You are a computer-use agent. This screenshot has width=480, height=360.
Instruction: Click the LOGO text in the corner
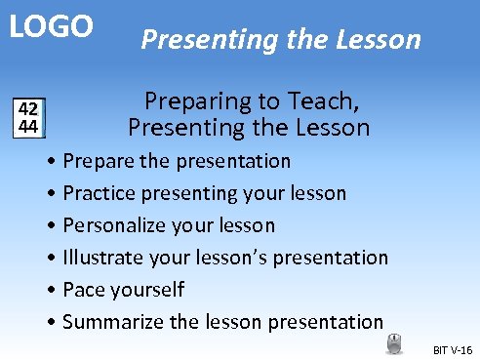(52, 26)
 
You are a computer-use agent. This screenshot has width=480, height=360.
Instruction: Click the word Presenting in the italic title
(200, 40)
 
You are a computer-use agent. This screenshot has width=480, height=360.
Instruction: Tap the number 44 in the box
(29, 126)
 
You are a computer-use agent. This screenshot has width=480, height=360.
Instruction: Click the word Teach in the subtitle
(325, 100)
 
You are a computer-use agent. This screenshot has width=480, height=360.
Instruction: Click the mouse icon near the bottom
(394, 342)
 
